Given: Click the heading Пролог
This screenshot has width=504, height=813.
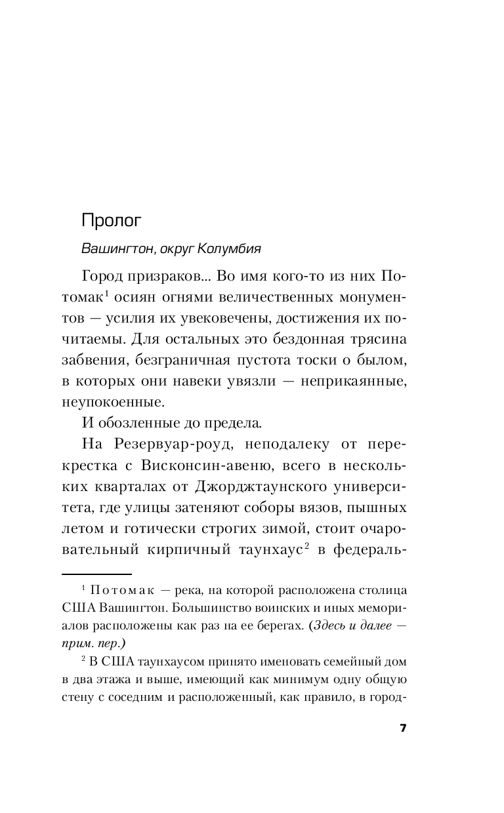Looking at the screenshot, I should pos(112,220).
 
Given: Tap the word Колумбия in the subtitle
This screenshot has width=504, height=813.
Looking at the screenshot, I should pos(232,249).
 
